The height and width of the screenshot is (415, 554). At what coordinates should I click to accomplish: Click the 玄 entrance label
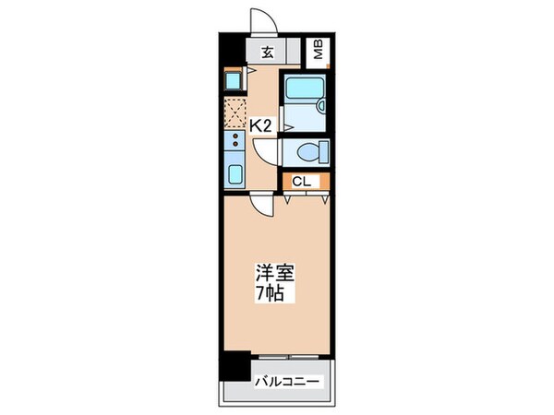267,53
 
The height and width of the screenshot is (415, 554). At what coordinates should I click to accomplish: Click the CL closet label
301,182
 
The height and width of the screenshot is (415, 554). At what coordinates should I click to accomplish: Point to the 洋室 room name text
272,274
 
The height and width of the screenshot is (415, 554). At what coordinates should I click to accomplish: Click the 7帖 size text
271,294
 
